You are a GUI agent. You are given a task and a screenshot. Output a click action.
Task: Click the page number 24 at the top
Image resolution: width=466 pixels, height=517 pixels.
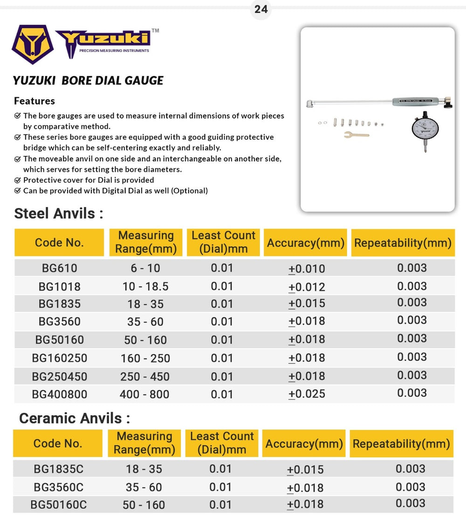[261, 9]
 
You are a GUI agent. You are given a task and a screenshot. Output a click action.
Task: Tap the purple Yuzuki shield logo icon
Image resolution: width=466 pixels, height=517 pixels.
[32, 44]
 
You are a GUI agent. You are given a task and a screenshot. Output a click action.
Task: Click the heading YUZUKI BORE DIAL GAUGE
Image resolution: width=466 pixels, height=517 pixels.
[88, 81]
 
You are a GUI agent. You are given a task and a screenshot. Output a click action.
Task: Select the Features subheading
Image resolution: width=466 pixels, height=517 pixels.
[34, 101]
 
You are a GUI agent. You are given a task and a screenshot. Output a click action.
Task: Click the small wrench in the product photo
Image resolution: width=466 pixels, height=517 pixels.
[356, 135]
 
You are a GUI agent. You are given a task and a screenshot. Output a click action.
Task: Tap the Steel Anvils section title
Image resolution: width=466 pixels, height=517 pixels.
[58, 214]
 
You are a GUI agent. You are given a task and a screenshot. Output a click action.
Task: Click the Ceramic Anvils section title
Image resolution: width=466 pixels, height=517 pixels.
[74, 418]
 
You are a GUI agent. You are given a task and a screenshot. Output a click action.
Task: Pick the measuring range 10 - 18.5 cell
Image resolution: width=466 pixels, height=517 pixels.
[145, 286]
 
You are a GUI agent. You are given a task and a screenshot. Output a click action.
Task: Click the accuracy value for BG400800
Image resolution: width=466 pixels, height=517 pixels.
[307, 394]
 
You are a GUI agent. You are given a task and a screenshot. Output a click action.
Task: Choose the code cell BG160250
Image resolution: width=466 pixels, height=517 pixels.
[59, 358]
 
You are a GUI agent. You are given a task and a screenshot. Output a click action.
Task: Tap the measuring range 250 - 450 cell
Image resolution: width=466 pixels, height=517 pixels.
[145, 376]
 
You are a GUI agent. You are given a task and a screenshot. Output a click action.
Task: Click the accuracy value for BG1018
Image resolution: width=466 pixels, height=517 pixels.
[307, 287]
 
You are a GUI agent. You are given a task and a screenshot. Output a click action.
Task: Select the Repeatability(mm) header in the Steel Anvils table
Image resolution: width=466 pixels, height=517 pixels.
[403, 242]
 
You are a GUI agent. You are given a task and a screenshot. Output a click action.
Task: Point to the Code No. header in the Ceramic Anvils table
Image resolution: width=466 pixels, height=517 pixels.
[58, 443]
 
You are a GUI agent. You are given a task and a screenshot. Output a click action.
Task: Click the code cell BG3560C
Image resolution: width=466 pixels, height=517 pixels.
[58, 487]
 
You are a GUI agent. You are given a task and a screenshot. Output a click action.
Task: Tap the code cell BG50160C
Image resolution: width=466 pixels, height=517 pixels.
[58, 505]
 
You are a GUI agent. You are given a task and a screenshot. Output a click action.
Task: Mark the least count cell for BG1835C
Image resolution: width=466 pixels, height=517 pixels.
[220, 469]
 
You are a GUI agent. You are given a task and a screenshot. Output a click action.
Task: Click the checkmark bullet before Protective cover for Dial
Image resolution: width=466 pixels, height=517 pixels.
[17, 180]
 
